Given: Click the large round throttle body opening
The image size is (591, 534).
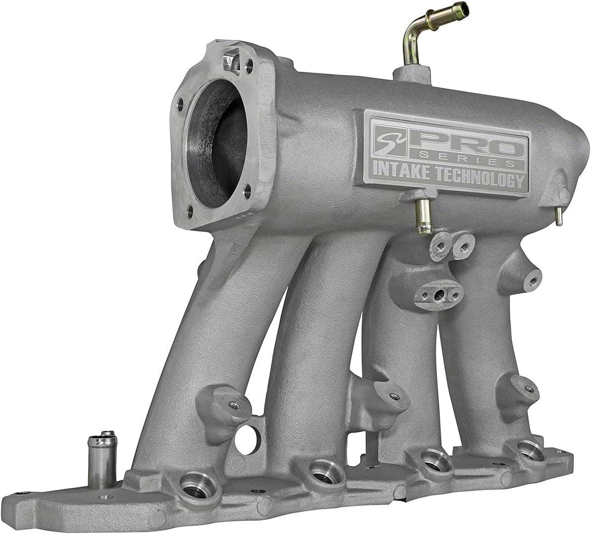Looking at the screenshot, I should tap(218, 144).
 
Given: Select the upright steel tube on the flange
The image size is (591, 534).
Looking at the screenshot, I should tap(102, 461).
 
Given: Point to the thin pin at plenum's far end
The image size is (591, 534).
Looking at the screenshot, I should tap(559, 216).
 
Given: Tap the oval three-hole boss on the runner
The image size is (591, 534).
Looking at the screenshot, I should tap(439, 294).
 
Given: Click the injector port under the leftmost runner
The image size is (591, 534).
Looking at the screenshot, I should tap(197, 486).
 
